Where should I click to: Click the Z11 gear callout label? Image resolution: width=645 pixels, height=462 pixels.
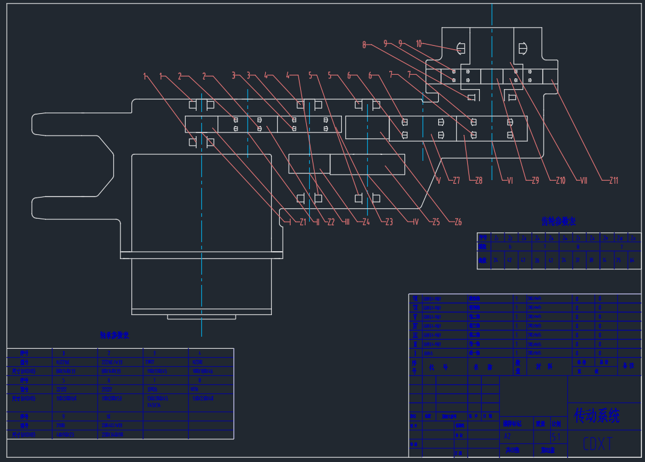click(614, 180)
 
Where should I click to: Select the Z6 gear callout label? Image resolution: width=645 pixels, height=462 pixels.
click(458, 222)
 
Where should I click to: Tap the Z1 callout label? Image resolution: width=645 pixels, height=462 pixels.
click(303, 222)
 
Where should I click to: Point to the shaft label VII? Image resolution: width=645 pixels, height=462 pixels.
click(584, 180)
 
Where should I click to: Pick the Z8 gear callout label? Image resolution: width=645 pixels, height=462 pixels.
click(478, 180)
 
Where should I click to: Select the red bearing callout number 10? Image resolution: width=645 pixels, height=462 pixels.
click(419, 43)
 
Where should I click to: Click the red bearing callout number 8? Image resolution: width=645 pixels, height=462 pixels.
click(364, 44)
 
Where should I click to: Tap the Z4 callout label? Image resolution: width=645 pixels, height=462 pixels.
click(366, 222)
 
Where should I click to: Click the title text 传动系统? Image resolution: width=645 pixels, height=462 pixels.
click(596, 415)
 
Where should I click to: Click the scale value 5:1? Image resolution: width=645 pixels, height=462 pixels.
click(556, 437)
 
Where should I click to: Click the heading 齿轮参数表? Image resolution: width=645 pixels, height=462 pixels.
click(558, 222)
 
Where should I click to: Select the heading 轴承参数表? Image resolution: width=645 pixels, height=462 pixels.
click(115, 335)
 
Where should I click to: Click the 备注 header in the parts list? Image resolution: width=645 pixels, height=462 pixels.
click(629, 366)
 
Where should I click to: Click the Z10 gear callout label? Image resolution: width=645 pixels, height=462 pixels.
click(560, 180)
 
